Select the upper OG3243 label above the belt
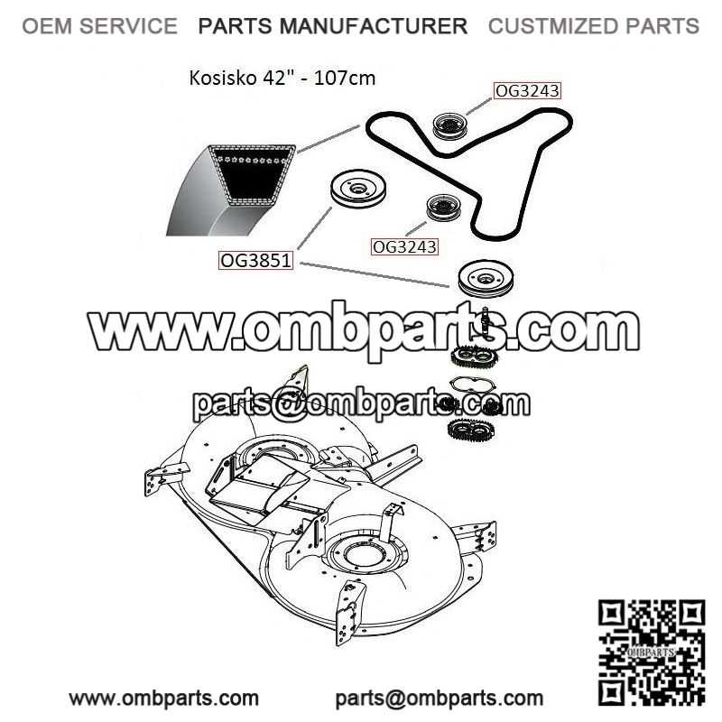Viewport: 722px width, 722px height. (527, 90)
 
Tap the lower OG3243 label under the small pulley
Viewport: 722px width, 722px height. (404, 245)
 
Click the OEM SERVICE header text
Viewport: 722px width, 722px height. (99, 26)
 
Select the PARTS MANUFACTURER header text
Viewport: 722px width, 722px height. (333, 26)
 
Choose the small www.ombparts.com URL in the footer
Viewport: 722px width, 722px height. (164, 698)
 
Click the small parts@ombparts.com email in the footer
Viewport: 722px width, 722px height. (440, 698)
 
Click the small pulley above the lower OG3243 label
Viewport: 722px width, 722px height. (443, 207)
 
